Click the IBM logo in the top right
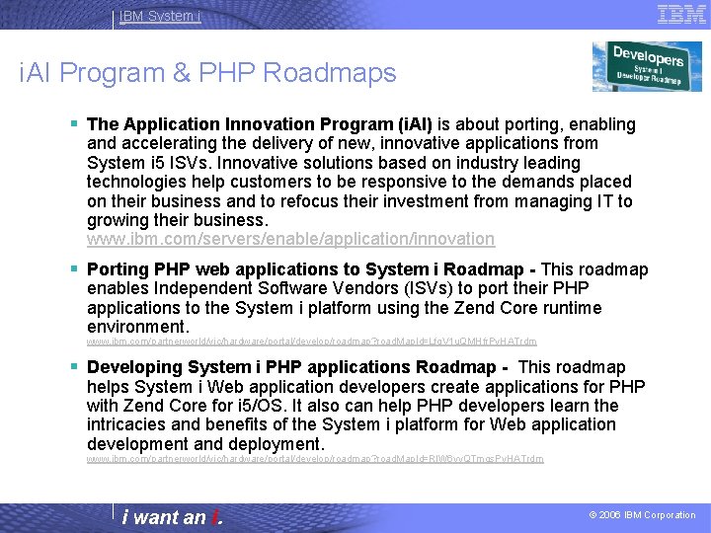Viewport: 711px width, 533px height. point(680,14)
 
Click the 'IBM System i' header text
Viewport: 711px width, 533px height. point(159,16)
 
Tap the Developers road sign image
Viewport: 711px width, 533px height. point(647,66)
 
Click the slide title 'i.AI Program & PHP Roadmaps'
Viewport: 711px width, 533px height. point(207,73)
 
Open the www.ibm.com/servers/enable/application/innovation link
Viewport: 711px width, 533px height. point(290,239)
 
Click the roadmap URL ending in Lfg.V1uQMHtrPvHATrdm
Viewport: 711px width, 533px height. point(311,342)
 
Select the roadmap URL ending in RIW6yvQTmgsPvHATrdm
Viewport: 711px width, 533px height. point(314,459)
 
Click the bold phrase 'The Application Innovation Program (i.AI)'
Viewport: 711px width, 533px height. point(260,124)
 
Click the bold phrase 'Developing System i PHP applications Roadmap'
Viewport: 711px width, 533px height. point(296,367)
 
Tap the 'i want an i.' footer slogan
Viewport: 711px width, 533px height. point(172,517)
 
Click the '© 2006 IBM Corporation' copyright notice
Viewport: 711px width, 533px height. point(642,515)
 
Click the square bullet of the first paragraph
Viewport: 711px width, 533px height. point(75,124)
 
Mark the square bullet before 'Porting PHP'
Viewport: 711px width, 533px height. point(75,269)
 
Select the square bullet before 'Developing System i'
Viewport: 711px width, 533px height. point(75,367)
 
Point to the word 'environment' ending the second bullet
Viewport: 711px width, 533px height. point(135,327)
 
